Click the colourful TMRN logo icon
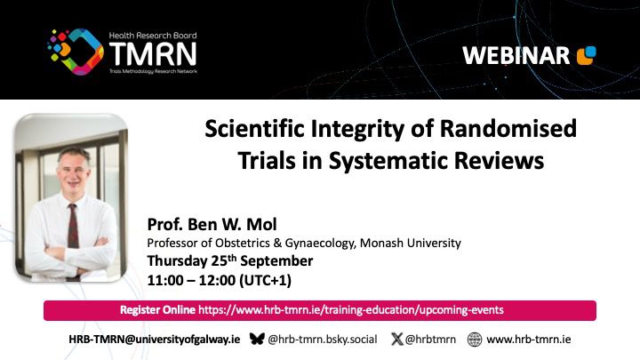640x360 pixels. (75, 52)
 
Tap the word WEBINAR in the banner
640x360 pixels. (516, 55)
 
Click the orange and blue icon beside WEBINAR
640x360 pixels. (586, 55)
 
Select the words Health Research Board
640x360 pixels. (153, 36)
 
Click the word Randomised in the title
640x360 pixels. (508, 128)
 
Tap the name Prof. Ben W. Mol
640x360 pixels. (212, 224)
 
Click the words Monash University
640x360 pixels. (410, 243)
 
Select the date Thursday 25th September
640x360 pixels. (230, 260)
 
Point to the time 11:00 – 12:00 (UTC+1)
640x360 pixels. (220, 280)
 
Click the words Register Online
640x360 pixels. (157, 310)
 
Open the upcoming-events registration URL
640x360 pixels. (350, 310)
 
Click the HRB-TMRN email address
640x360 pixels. (155, 340)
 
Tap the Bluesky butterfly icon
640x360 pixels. (257, 339)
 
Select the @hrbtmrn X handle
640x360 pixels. (430, 340)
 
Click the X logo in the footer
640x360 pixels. (396, 339)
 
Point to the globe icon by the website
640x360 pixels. (475, 340)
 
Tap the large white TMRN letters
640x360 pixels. (153, 54)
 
